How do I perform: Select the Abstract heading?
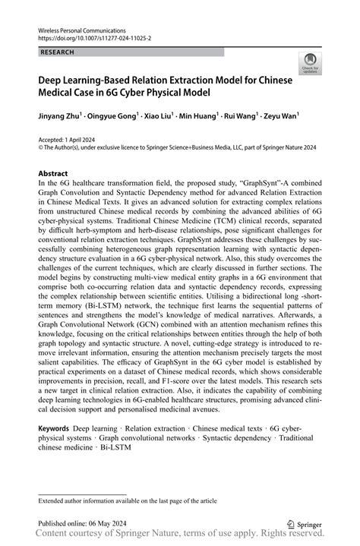click(x=54, y=174)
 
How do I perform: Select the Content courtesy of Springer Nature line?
click(x=179, y=536)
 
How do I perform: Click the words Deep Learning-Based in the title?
click(x=84, y=78)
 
